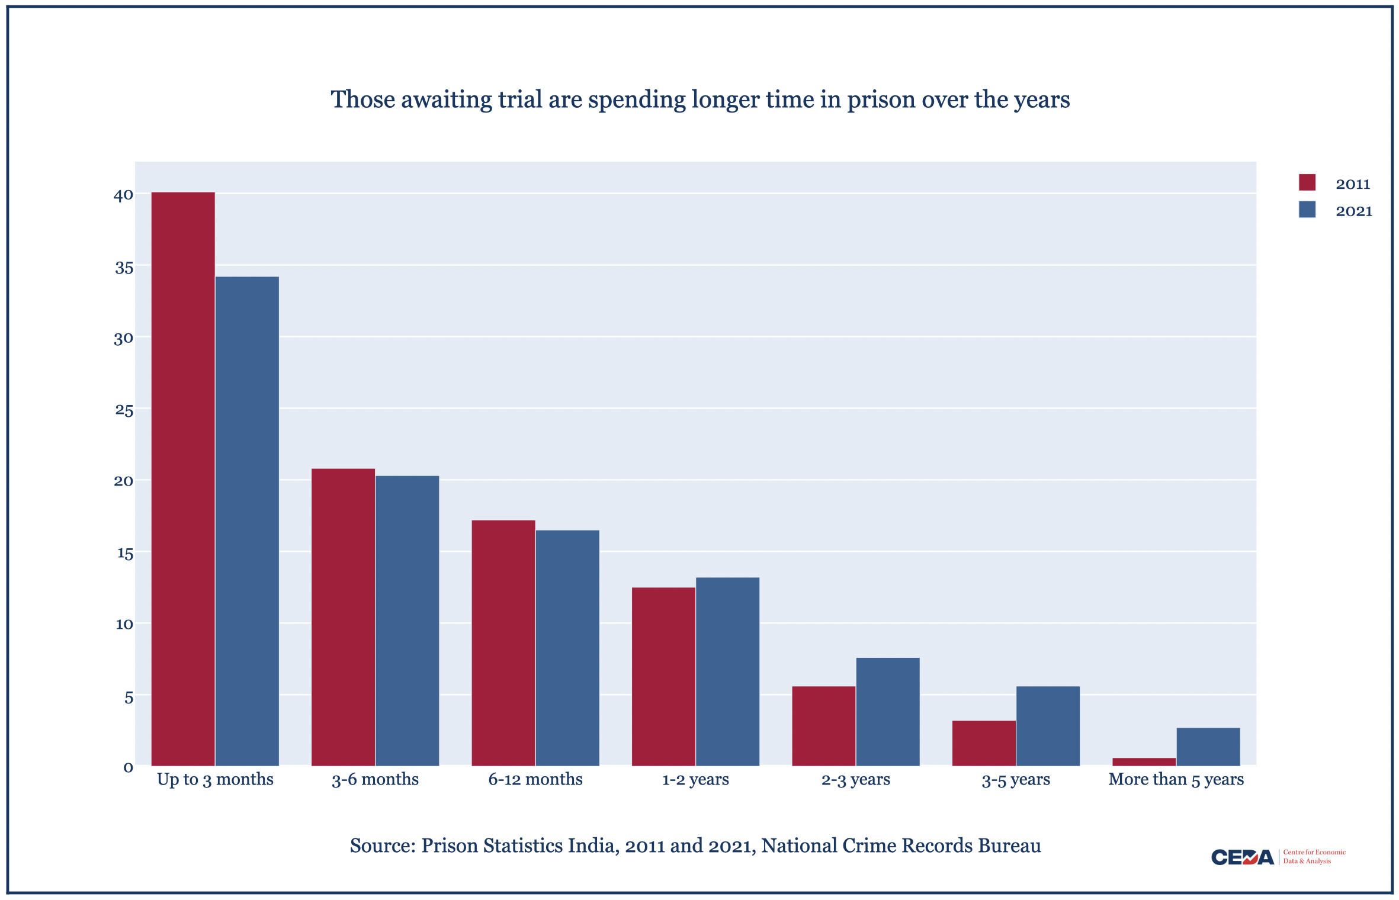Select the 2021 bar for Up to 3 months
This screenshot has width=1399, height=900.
pos(247,521)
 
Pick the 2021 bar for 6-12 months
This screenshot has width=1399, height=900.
pos(567,648)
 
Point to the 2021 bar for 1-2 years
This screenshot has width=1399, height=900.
pos(727,671)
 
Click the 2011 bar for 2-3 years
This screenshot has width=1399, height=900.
pos(823,726)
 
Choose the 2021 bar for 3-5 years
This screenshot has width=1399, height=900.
pos(1048,726)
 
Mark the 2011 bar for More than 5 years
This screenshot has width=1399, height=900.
pos(1144,761)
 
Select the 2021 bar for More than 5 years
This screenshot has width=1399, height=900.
pos(1208,747)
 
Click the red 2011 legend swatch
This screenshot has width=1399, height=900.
pos(1307,182)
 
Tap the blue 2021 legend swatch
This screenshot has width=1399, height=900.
pos(1307,210)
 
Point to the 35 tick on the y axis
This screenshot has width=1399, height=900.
pos(124,268)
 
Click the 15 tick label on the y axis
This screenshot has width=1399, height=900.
pos(125,554)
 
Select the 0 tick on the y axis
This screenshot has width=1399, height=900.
pos(128,768)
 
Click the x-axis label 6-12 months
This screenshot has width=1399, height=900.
pos(535,779)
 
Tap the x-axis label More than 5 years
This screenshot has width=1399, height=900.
pos(1176,779)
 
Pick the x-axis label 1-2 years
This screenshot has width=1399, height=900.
pos(695,779)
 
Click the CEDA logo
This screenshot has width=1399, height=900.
pos(1242,857)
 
